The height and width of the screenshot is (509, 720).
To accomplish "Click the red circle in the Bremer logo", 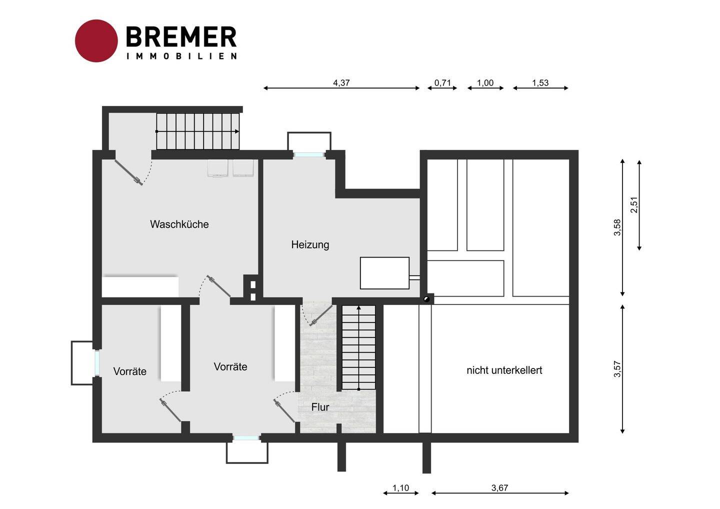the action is click(96, 41).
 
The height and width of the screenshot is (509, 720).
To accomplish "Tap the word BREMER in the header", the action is click(181, 37).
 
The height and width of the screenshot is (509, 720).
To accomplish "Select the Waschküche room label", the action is click(179, 224).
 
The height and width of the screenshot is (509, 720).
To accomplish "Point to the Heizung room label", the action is click(310, 245).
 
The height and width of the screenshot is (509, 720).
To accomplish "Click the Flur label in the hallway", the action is click(320, 407).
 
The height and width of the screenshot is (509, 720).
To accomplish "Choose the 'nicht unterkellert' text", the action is click(504, 370).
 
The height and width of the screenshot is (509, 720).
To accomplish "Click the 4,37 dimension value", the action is click(341, 82).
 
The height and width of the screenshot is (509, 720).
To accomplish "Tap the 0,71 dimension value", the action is click(442, 82).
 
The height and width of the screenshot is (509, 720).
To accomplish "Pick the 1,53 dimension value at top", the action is click(540, 82).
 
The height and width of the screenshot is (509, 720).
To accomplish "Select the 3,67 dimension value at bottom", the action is click(500, 488).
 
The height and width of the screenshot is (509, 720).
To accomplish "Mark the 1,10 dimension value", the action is click(400, 488).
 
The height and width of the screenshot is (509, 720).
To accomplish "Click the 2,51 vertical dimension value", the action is click(634, 204).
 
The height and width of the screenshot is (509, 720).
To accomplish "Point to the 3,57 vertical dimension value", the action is click(617, 369).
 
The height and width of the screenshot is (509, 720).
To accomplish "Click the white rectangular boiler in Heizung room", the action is click(384, 273).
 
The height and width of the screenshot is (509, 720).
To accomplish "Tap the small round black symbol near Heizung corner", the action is click(426, 299).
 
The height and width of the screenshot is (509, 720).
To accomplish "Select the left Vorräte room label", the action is click(130, 371).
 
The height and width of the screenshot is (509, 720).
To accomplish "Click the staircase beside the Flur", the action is click(358, 347).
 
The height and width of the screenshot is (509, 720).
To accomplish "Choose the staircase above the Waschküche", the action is click(197, 131).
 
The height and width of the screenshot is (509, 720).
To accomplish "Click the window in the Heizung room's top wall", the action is click(308, 154).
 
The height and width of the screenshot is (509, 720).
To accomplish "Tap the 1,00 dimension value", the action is click(485, 82).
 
